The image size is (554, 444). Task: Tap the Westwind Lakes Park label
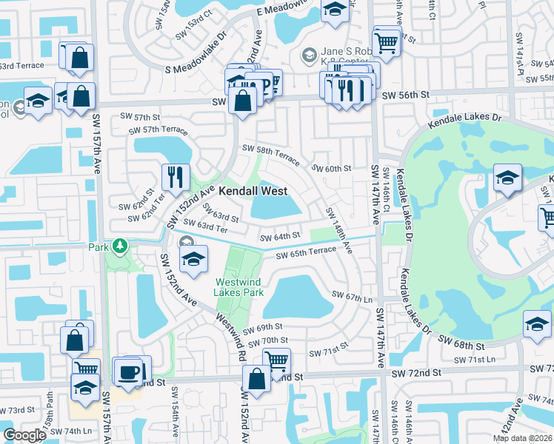239,286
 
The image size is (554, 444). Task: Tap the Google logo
25,435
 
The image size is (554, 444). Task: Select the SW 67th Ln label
353,296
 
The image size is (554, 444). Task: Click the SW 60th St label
331,169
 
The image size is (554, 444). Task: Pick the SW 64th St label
279,238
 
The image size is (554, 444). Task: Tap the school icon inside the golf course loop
507,178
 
